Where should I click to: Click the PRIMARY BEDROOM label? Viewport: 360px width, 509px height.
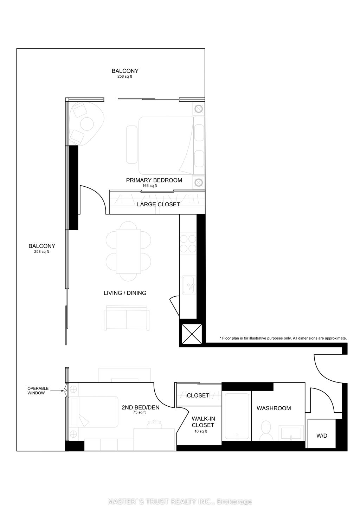coord(154,180)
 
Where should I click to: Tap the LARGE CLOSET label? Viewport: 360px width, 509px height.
coord(158,204)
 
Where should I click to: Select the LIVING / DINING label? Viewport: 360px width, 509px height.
coord(125,293)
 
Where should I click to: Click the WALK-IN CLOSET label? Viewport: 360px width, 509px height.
coord(203,422)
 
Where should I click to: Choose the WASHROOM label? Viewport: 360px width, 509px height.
coord(274,408)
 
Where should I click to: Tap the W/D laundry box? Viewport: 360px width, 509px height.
coord(321,436)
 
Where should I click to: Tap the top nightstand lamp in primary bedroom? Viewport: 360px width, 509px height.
coord(198,109)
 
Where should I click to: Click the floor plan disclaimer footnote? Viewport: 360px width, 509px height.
coord(283,338)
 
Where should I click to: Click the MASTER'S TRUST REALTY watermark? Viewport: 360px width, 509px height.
coord(180,502)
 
